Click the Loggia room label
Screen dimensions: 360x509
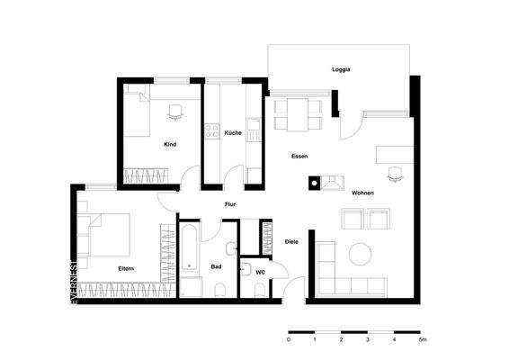coord(341,69)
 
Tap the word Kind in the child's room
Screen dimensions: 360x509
coord(169,144)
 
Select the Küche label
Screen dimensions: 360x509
coord(232,133)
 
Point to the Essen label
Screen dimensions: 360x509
coord(299,157)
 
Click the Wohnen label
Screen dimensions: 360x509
coord(363,193)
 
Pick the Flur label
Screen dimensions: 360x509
coord(230,205)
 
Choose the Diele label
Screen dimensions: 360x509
coord(290,241)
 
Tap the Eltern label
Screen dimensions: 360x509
coord(127,269)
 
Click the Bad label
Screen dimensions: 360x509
coord(216,267)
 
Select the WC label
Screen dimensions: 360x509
coord(259,271)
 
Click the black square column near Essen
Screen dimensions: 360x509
coord(313,183)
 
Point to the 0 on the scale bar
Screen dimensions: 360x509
coord(289,341)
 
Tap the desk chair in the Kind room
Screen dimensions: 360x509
coord(175,111)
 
